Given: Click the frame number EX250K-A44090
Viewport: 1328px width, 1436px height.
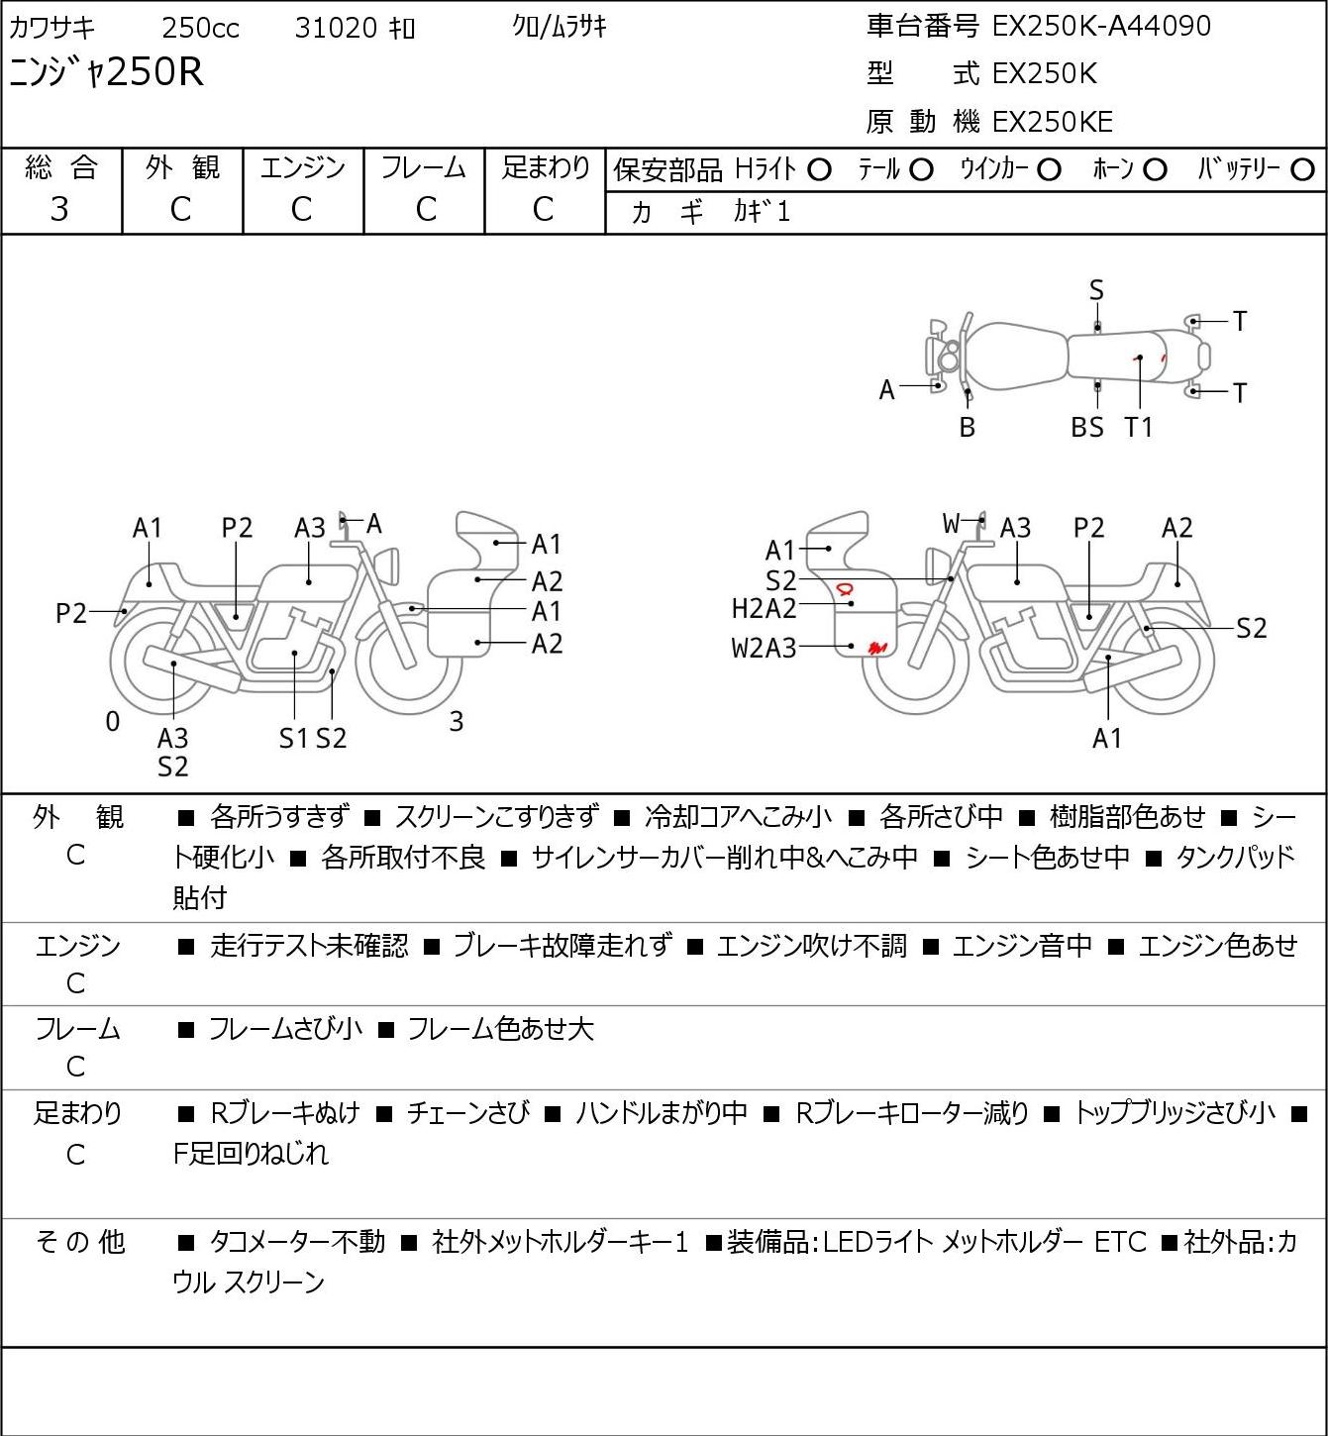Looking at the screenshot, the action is [1101, 26].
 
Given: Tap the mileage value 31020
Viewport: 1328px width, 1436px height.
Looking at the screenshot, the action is [336, 28].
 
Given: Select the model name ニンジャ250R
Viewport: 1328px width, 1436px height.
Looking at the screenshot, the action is [106, 72].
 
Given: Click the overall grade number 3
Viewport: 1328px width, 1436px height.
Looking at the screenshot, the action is [59, 210].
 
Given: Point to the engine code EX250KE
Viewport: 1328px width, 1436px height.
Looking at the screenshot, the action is [1053, 122].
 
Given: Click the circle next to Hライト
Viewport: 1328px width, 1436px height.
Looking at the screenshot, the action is [819, 170].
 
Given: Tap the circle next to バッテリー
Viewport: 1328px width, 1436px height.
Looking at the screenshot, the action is [1302, 170].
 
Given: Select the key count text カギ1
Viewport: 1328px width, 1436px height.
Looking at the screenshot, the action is [762, 212].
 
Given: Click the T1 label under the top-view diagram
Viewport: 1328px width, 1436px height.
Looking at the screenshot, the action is [1138, 427].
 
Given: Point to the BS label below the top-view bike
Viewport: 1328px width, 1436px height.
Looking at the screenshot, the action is [1087, 427].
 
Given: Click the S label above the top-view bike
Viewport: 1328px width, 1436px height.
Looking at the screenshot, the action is [1096, 291].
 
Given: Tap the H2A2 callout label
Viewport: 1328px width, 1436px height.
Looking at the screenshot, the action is [764, 609].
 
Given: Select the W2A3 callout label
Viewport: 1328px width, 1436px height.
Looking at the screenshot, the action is [764, 648].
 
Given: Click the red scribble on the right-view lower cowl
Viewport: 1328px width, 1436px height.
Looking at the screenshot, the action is [877, 647].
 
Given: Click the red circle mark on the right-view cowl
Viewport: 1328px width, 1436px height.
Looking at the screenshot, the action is [844, 589].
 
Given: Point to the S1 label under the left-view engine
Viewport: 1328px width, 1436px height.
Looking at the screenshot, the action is [294, 738].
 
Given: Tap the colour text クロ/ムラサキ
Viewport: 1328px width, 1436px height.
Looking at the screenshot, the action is [560, 27].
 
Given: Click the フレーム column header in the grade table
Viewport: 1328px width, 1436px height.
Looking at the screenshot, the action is [424, 167].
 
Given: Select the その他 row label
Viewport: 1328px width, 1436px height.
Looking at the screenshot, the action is [80, 1242].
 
